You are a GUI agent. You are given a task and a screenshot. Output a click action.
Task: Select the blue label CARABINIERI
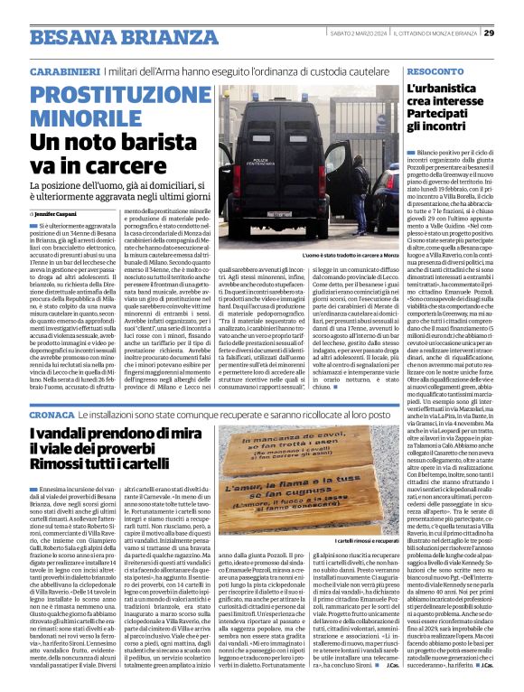click(65, 70)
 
